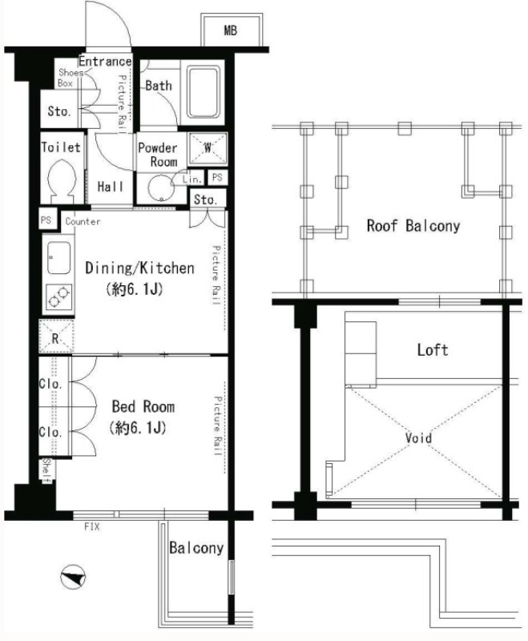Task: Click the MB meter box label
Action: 231,30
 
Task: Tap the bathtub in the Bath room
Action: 204,92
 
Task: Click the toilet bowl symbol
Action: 62,180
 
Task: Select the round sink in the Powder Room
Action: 161,188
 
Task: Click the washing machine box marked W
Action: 208,148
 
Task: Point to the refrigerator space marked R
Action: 56,336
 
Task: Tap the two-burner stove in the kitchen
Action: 58,296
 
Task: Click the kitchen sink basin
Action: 58,257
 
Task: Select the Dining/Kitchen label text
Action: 139,268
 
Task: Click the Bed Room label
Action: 143,407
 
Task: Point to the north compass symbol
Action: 73,577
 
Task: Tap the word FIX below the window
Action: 91,526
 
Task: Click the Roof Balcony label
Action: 413,226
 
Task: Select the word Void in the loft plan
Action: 418,437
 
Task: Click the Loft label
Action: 433,350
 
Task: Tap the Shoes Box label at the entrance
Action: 69,78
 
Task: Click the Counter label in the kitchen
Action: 83,222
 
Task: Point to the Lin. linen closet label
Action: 192,179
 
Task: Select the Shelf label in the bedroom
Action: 47,471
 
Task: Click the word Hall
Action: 111,187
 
